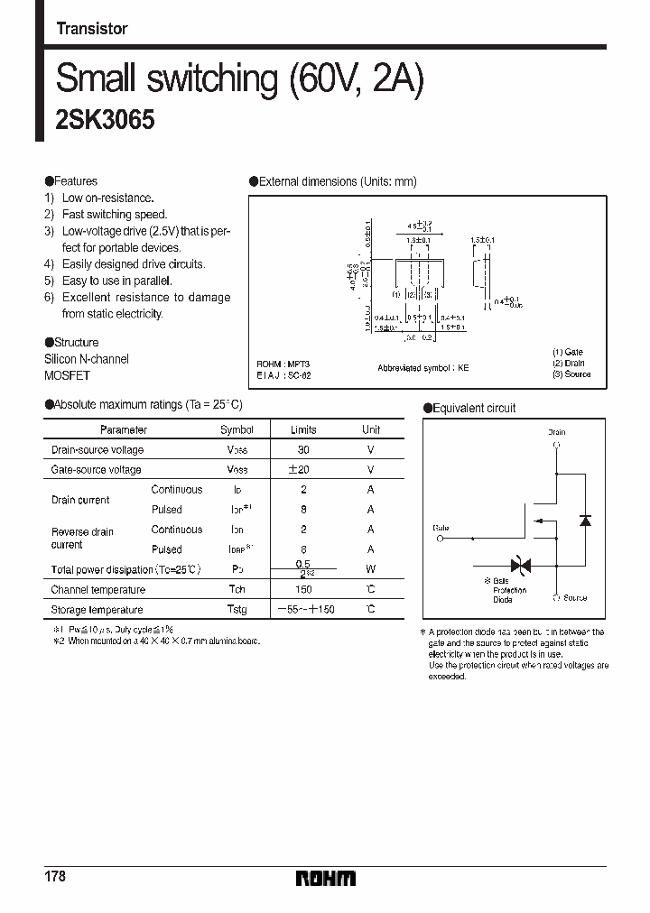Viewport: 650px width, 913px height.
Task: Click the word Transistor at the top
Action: pyautogui.click(x=92, y=29)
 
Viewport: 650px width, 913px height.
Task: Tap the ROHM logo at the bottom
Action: pyautogui.click(x=326, y=878)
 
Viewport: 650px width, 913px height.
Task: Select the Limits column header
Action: pyautogui.click(x=304, y=430)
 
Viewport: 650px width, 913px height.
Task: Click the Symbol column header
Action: pyautogui.click(x=237, y=430)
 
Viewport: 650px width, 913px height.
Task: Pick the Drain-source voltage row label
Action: pyautogui.click(x=97, y=450)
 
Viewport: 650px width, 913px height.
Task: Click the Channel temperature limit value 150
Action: pyautogui.click(x=304, y=590)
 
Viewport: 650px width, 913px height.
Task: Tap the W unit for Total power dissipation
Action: pyautogui.click(x=370, y=569)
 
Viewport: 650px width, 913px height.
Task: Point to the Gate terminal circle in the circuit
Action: pyautogui.click(x=441, y=539)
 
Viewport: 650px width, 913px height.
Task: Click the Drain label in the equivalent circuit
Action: pyautogui.click(x=557, y=433)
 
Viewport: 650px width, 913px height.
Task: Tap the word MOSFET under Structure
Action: pyautogui.click(x=68, y=375)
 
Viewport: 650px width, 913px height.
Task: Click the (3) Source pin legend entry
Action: pyautogui.click(x=571, y=373)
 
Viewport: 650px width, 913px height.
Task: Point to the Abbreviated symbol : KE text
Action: pyautogui.click(x=423, y=369)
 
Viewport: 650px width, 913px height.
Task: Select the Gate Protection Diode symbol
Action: pyautogui.click(x=521, y=566)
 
